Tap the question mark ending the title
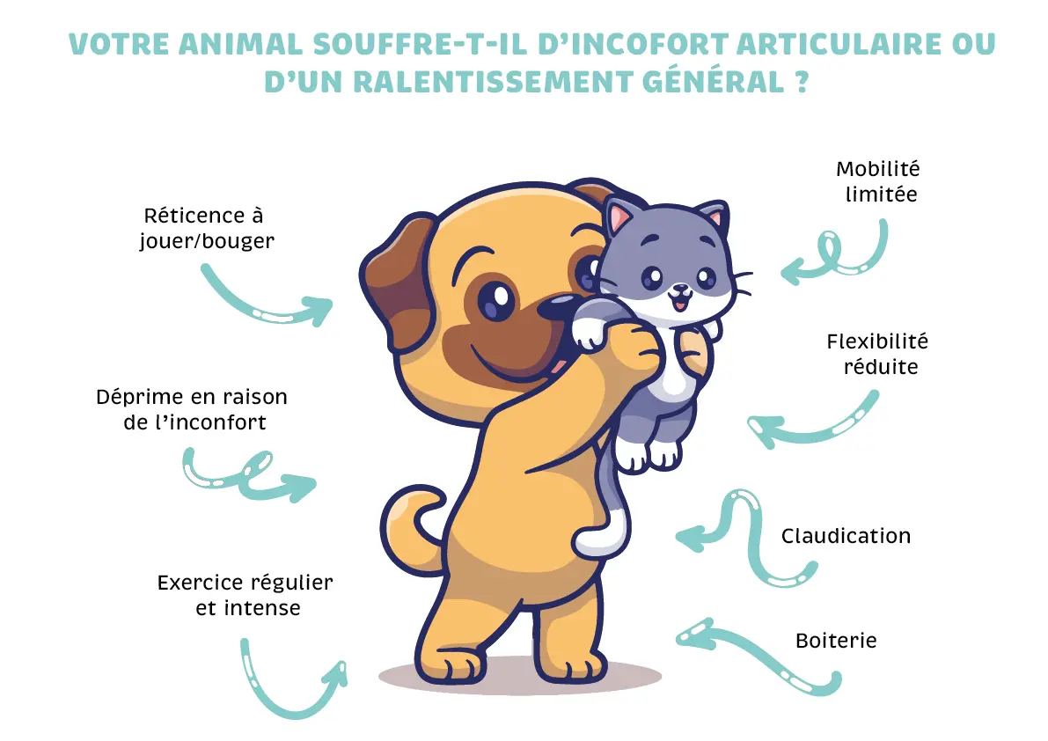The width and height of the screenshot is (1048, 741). [798, 82]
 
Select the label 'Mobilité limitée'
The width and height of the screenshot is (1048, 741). [877, 181]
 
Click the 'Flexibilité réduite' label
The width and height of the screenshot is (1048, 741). [877, 353]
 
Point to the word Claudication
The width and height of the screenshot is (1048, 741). [846, 536]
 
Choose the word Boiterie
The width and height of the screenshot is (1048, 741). [836, 640]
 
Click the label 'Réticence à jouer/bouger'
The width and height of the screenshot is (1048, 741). [205, 227]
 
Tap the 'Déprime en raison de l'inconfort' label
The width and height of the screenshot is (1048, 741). [192, 409]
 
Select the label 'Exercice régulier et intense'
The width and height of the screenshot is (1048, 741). [246, 595]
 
